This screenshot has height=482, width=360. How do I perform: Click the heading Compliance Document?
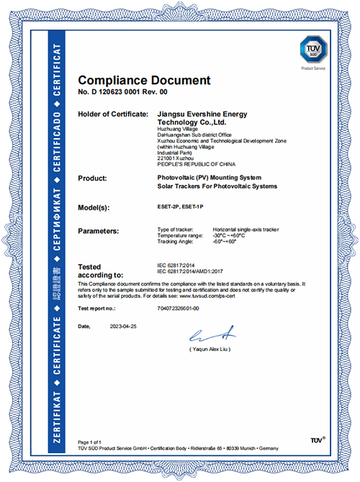tap(144, 80)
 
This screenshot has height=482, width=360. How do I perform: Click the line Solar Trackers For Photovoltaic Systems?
tap(216, 187)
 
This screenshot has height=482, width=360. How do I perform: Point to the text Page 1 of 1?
tap(89, 441)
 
